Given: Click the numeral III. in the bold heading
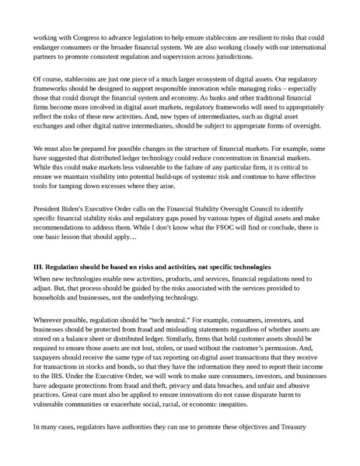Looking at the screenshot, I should (38, 267).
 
